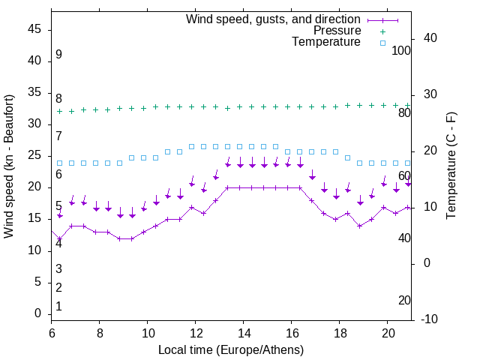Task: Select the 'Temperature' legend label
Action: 326,42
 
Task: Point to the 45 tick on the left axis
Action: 34,30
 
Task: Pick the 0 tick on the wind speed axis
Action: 38,313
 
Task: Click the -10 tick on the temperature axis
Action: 430,319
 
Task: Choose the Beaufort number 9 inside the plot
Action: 58,55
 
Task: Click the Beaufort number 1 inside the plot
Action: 58,307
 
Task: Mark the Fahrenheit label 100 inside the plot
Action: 401,50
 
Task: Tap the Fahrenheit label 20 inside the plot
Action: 404,300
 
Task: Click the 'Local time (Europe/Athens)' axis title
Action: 231,349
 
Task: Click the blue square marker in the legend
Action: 382,43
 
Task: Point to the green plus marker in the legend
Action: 382,31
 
